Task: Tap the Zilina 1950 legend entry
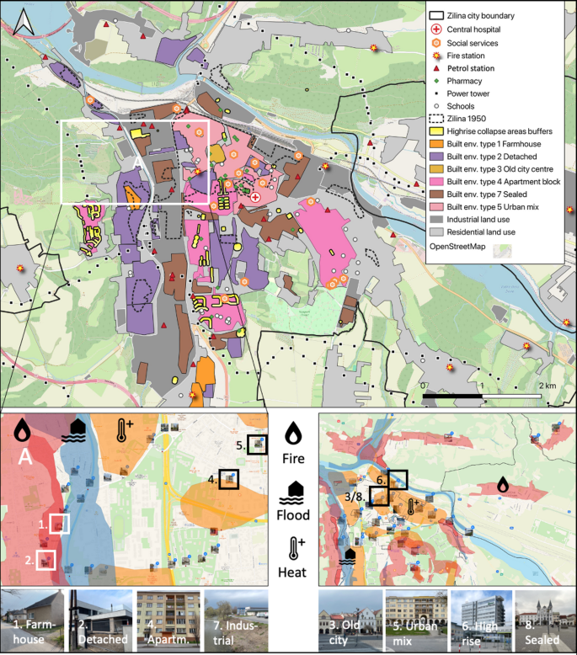coord(473,120)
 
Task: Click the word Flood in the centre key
coord(294,515)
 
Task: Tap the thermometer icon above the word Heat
coord(294,548)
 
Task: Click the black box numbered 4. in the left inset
coord(228,479)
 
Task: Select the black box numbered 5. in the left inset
coord(257,444)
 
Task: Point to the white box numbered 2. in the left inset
coord(45,559)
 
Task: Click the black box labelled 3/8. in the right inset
coord(379,495)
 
